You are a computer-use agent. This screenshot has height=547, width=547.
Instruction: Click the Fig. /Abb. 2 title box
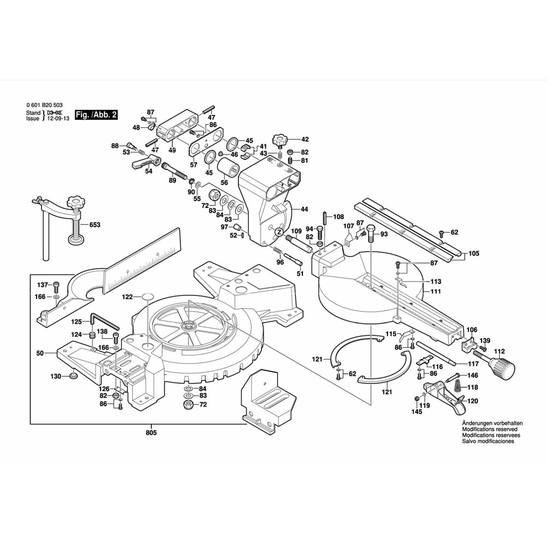pos(96,115)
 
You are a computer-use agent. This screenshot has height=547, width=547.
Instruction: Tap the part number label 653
pos(95,224)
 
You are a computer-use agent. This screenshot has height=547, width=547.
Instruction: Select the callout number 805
pos(151,433)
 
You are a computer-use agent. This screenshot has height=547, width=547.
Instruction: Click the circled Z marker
pos(278,232)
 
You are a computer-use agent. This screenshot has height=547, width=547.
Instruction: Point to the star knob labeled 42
pos(283,139)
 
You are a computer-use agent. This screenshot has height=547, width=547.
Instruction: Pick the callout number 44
pos(304,209)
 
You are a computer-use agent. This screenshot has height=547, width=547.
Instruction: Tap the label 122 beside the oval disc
pos(127,297)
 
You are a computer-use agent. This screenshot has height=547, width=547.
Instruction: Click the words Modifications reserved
pos(474,429)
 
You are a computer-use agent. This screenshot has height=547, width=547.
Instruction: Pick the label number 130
pos(56,376)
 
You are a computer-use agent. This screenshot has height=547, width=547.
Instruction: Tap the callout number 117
pos(473,364)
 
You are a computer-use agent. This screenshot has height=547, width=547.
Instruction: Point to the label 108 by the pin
pos(339,216)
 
